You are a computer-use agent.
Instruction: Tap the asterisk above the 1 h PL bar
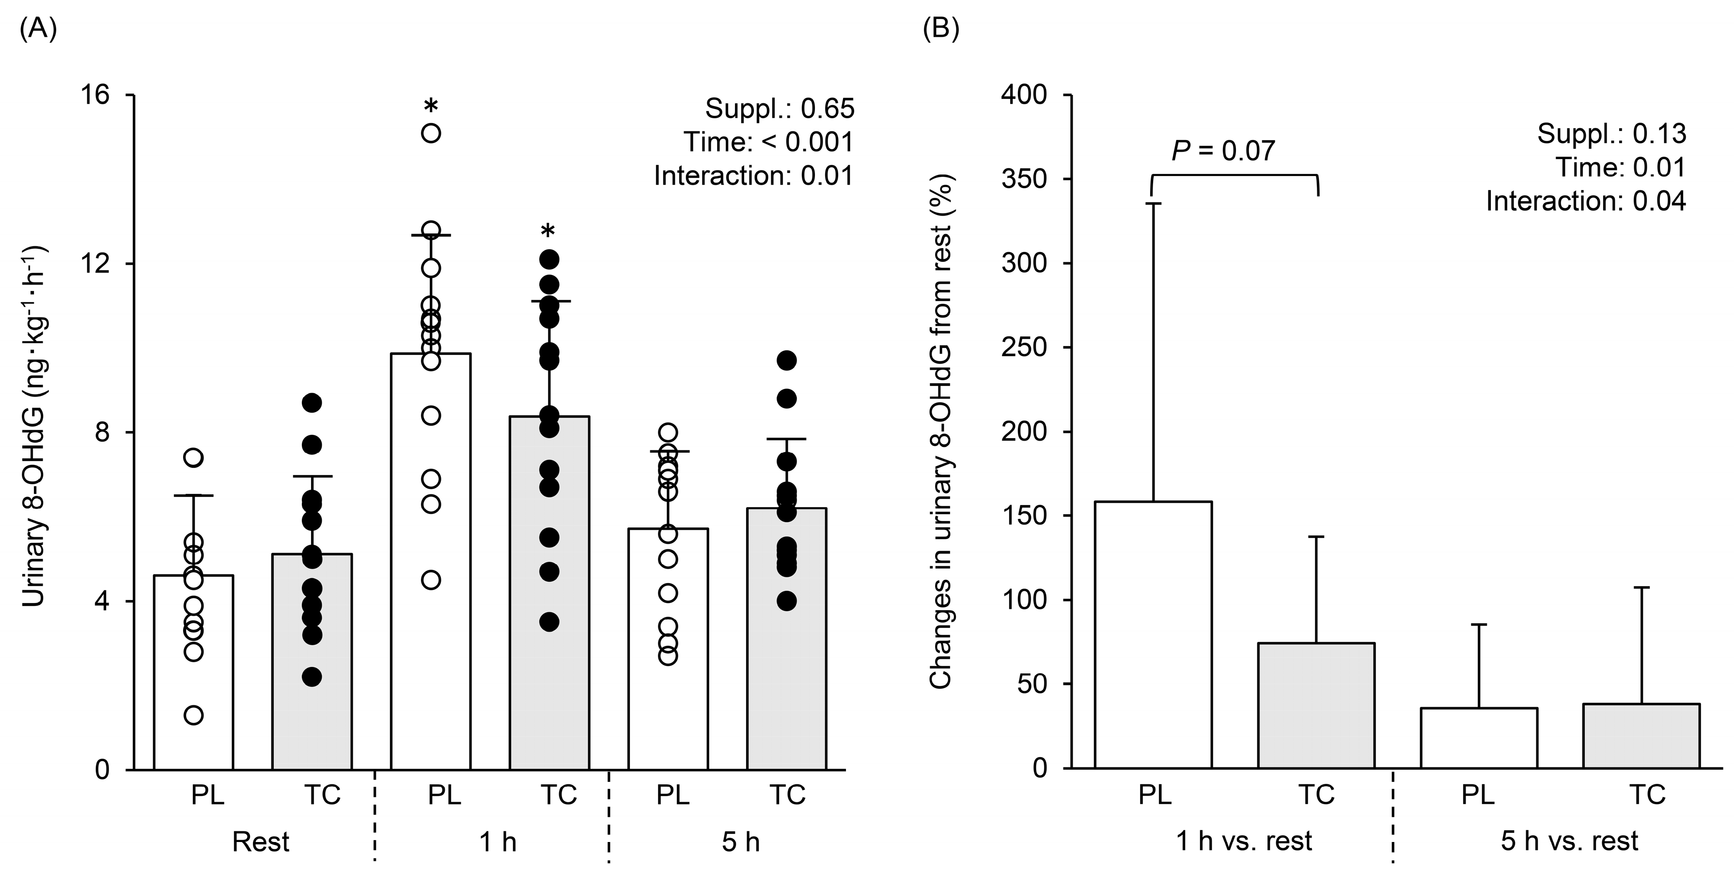[431, 106]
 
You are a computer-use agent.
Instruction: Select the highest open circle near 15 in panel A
[431, 133]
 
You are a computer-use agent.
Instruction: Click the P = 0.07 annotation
[1223, 151]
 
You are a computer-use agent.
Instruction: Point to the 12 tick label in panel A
[95, 264]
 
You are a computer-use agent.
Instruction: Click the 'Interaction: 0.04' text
[1586, 201]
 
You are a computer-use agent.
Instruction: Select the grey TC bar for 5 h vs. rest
[1641, 736]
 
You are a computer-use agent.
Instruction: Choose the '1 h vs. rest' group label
[1244, 842]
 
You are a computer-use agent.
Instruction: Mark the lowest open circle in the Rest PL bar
[194, 715]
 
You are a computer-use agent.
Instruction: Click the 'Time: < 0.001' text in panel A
[768, 142]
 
